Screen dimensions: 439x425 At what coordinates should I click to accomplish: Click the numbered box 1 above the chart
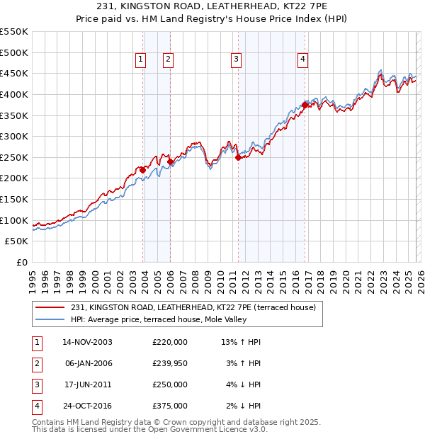tap(141, 60)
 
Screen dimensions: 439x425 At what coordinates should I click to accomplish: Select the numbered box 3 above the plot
tap(235, 60)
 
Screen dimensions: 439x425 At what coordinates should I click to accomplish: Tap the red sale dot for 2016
tap(305, 105)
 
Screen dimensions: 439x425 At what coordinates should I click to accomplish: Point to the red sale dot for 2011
tap(238, 158)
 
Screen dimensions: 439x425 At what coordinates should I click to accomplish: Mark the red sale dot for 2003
tap(143, 170)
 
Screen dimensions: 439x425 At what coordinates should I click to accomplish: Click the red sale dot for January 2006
tap(171, 161)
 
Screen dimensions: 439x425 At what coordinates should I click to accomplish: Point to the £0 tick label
tap(21, 262)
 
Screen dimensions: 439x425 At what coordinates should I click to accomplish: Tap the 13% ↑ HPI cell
tap(241, 341)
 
